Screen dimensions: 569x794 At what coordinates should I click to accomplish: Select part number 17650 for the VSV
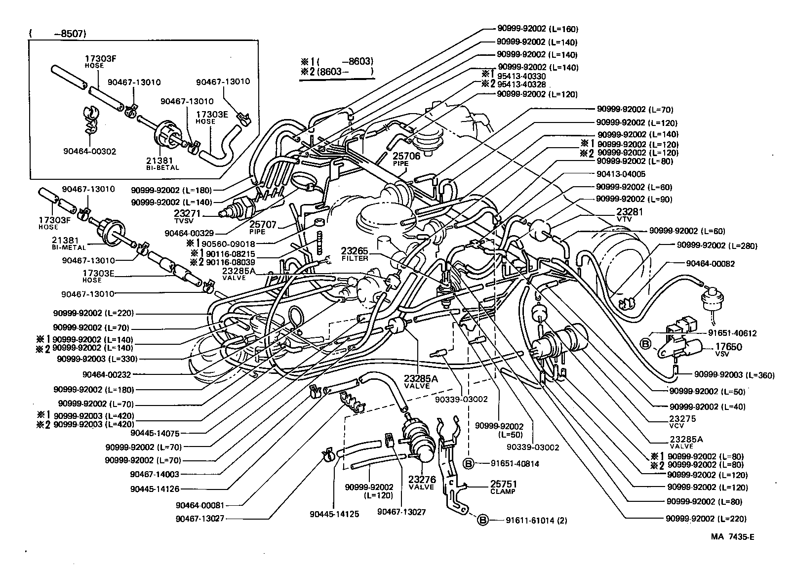click(x=728, y=347)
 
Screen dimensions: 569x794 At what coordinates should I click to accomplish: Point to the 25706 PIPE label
click(x=406, y=159)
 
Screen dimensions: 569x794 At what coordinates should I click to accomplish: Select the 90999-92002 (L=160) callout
click(x=537, y=30)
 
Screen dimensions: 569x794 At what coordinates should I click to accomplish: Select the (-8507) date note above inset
click(x=58, y=34)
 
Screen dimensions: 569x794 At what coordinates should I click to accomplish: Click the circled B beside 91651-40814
click(x=468, y=463)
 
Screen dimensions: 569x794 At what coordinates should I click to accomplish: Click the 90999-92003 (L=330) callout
click(x=96, y=359)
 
